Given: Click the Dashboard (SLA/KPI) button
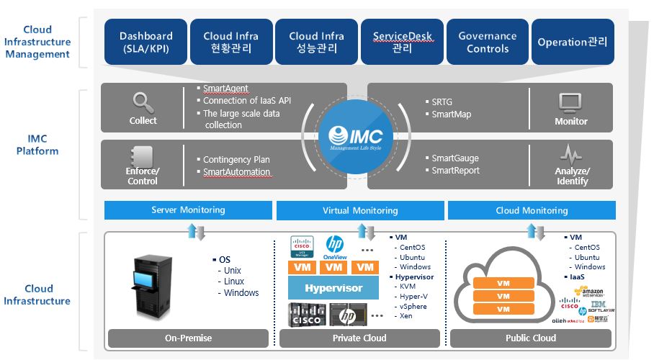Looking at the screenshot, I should [146, 42].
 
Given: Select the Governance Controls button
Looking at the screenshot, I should [488, 42].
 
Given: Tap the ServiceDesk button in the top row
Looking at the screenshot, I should [402, 42].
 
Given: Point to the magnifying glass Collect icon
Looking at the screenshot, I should [143, 102].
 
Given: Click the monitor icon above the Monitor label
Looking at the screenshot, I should [570, 102].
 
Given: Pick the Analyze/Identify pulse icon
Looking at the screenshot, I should [571, 154].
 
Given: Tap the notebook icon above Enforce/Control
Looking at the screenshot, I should [143, 154].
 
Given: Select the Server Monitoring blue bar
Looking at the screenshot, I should [188, 210].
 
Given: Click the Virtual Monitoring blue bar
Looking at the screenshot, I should [359, 210].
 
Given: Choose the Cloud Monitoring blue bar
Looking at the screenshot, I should [532, 210].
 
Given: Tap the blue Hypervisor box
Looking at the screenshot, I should [333, 289].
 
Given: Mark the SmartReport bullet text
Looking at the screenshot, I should [455, 171].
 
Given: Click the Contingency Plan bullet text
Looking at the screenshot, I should [236, 159].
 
